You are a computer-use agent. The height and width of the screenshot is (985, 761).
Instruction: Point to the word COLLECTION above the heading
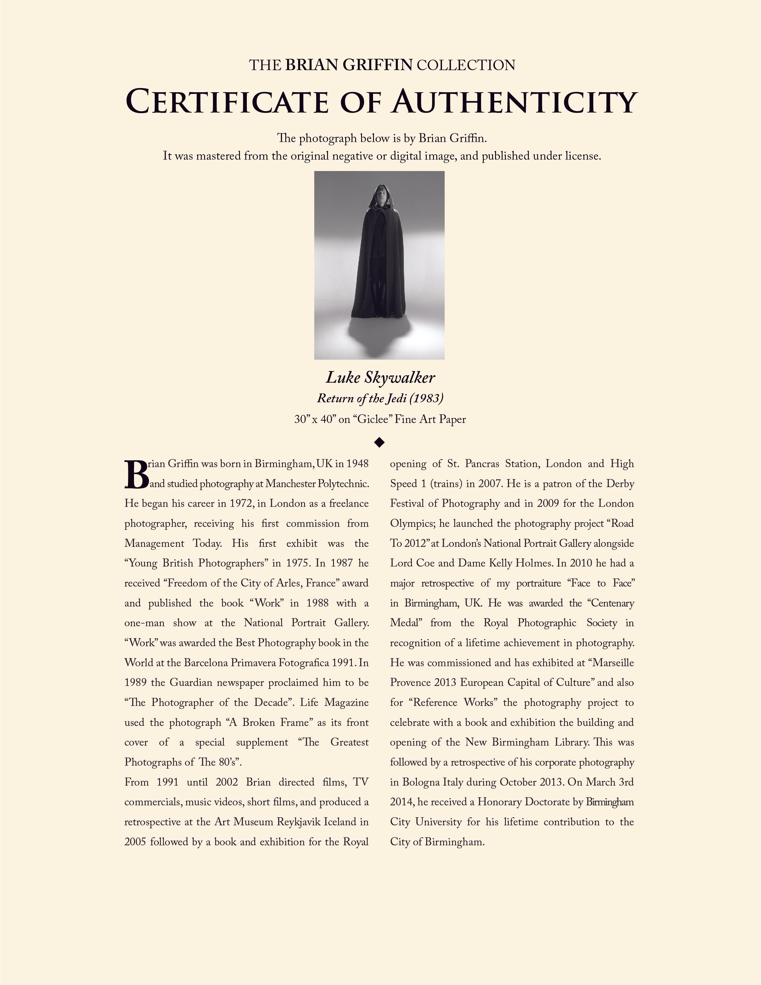coord(466,65)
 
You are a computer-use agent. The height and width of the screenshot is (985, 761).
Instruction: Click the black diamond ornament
coord(380,442)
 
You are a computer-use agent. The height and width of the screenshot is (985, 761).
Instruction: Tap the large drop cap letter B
coord(136,475)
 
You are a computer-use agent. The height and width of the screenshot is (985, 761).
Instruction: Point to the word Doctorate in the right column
coord(559,802)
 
